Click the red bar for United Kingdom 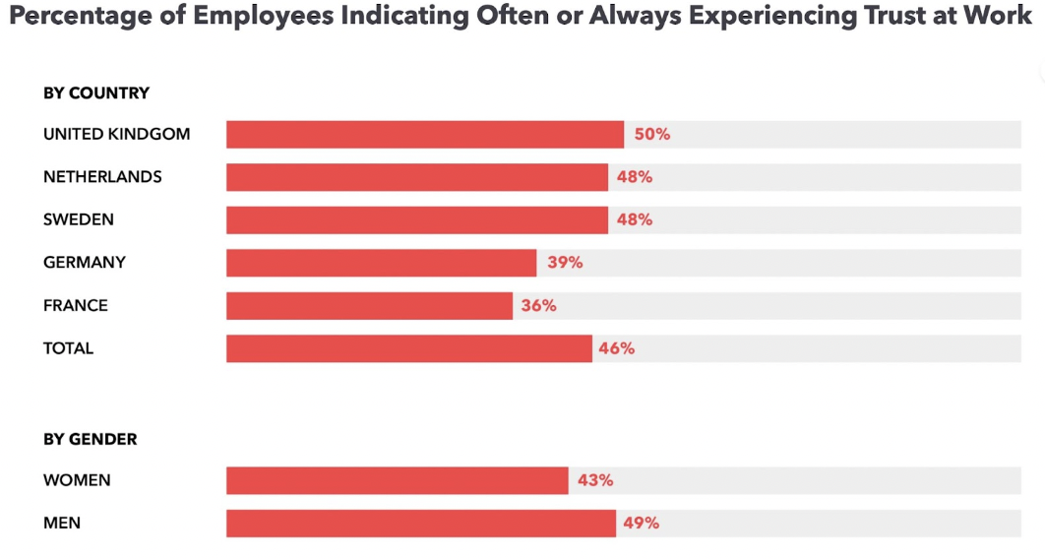point(425,134)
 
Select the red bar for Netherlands point(417,177)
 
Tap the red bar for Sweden point(417,219)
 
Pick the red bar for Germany point(381,263)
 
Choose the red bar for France point(369,305)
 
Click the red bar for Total point(409,348)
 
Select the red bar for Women point(398,480)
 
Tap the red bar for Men point(421,523)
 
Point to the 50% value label point(651,134)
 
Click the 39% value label point(565,263)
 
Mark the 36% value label point(539,305)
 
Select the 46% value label point(617,348)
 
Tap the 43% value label point(595,480)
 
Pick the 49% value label point(641,523)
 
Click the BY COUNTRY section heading point(96,93)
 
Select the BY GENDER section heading point(91,439)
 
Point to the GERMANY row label point(85,263)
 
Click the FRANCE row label point(76,305)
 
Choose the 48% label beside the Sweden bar point(635,219)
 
